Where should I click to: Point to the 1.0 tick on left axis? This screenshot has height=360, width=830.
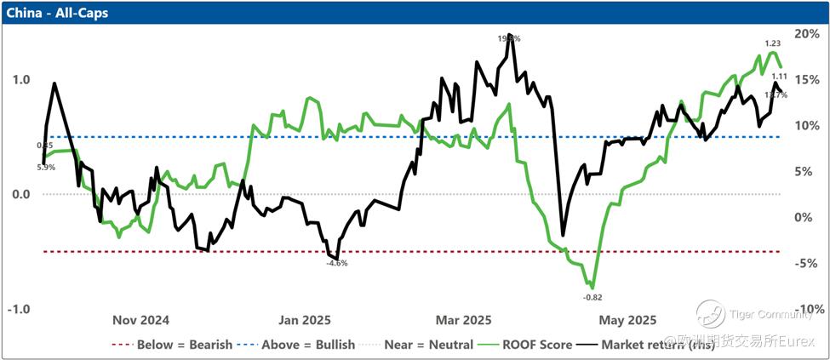point(20,80)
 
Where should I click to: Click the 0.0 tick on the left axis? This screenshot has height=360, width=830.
point(20,194)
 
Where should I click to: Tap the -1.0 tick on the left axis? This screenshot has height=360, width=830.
point(18,309)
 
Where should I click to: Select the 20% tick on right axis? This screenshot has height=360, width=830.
point(804,33)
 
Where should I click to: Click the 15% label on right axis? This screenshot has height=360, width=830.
point(804,79)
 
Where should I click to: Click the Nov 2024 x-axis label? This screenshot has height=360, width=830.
point(141,321)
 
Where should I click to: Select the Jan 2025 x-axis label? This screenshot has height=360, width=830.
point(304,321)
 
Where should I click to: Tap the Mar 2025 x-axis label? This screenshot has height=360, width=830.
point(464,321)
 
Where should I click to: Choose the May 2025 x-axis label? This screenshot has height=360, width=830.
point(627,321)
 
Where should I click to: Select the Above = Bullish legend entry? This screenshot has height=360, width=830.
point(291,345)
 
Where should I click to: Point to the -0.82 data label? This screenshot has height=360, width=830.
point(592,296)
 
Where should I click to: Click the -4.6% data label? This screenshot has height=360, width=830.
point(337,264)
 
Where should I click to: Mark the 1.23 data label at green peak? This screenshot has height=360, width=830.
point(773,43)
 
